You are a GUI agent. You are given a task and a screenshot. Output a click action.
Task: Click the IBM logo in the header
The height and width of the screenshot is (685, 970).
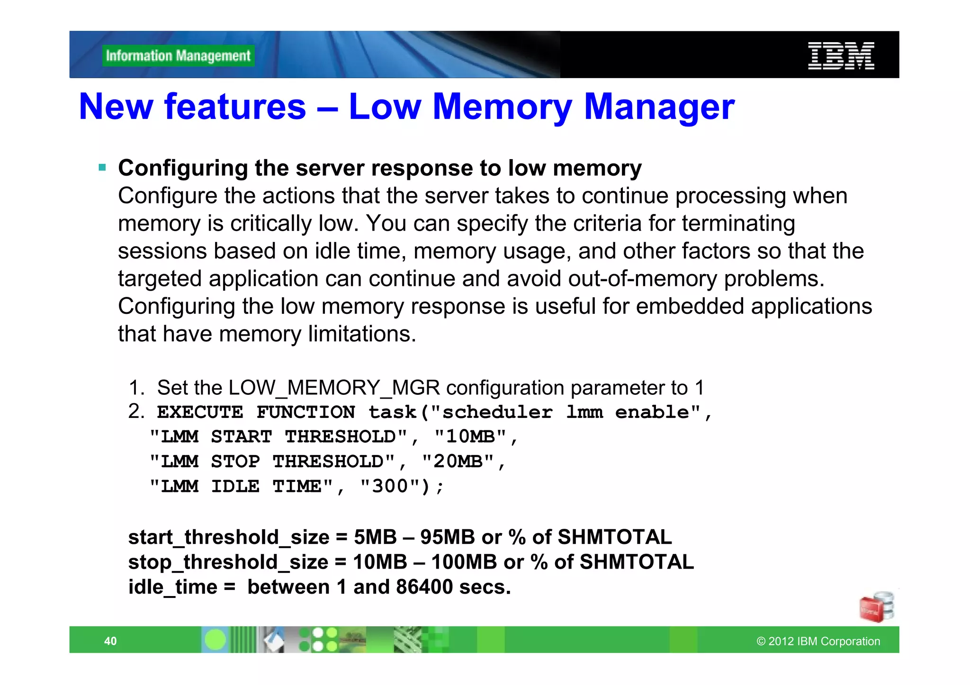point(841,56)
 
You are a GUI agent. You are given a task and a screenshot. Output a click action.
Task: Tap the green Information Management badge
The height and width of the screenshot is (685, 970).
point(178,56)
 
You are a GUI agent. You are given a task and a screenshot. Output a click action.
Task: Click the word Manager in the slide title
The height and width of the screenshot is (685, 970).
point(659,107)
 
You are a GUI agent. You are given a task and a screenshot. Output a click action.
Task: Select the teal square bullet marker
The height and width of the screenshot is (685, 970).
point(102,167)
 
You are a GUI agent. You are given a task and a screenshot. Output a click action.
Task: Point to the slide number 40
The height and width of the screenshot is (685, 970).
point(110,641)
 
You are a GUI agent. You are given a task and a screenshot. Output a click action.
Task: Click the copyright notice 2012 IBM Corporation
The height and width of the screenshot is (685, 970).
point(818,641)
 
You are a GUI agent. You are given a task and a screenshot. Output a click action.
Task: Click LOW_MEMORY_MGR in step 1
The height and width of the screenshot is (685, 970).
point(334,388)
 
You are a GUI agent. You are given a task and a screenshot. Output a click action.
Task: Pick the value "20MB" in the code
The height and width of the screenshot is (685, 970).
point(458,462)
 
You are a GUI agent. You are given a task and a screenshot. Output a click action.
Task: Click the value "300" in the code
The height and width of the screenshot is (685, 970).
point(390,486)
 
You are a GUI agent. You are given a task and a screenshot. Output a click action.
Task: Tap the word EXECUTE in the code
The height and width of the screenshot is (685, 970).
point(200,412)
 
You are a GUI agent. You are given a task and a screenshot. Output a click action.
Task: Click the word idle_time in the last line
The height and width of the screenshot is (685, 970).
point(172,587)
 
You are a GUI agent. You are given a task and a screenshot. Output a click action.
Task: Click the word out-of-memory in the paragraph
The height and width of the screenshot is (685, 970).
point(643,279)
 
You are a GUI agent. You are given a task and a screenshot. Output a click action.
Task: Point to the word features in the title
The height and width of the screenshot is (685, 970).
point(235,107)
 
